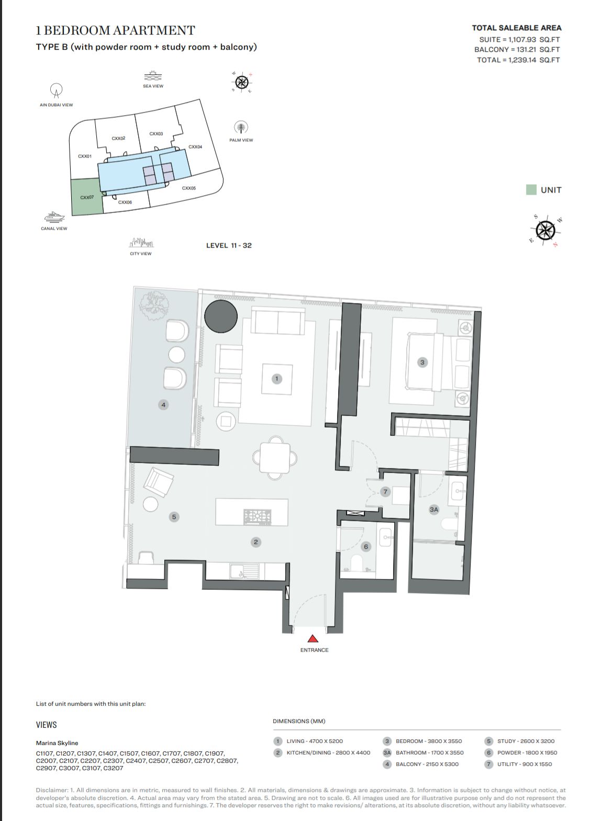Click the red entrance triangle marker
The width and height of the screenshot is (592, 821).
pos(312,639)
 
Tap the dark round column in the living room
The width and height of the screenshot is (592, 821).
pos(221,316)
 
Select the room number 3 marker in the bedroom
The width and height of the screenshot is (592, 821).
pos(422,362)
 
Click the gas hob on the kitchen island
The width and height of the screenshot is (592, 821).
pos(258,516)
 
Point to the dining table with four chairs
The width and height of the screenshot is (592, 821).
pos(275,458)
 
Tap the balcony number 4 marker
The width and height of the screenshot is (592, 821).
pos(163,404)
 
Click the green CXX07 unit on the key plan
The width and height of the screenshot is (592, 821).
pos(87,197)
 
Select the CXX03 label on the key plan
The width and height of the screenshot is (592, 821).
pos(156,134)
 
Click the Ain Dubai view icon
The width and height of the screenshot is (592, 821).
pos(56,90)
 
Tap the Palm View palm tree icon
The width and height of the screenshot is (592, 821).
pos(241,128)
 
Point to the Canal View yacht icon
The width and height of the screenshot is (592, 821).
pos(54,217)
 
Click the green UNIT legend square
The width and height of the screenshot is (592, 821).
pos(531,189)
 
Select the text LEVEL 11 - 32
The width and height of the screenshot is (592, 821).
pos(229,245)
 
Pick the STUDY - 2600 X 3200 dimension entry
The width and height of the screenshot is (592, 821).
pos(526,741)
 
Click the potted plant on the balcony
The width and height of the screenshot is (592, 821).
pos(154,304)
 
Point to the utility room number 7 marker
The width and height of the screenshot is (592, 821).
pos(385,491)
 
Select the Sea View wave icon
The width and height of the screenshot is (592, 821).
pos(153,76)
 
